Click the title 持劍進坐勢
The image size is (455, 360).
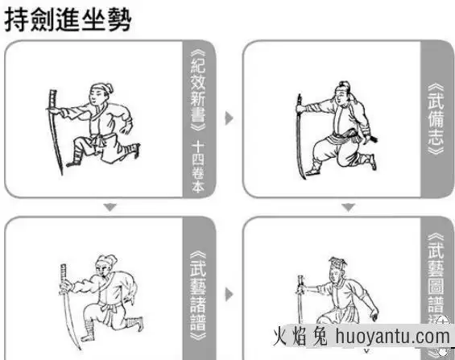68,18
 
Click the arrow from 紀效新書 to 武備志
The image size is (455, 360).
230,118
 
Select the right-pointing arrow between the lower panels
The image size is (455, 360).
230,293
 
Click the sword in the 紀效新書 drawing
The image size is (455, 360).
55,129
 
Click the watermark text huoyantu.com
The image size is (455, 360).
395,334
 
